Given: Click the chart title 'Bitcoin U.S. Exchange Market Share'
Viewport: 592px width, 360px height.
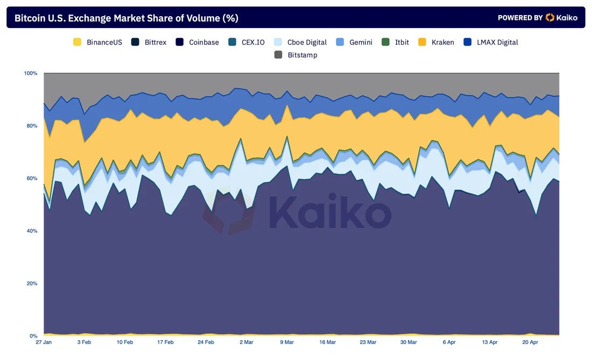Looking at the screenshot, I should tap(126, 18).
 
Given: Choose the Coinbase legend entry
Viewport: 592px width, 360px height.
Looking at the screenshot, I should tap(198, 42).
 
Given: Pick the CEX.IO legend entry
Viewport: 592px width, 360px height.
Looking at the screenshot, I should tap(247, 42).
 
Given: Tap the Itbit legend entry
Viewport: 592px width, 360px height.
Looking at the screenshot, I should tap(396, 42).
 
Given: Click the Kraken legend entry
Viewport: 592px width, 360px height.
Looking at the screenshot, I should tap(436, 42).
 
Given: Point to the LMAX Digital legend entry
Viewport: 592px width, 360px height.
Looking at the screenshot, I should tap(491, 42).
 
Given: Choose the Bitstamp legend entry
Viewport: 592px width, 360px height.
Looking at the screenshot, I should tap(295, 55).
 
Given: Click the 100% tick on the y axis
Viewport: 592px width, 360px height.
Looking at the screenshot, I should tap(31, 73).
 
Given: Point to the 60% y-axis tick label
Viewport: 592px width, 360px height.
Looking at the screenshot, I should tap(32, 179).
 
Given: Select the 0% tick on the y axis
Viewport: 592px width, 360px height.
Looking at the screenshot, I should tap(33, 336).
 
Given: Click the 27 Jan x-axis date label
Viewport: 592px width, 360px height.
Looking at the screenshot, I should tap(44, 342).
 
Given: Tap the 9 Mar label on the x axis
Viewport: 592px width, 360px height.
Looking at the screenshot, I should tap(286, 342).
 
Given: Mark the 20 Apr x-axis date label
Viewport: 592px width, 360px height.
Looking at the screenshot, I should tap(530, 342).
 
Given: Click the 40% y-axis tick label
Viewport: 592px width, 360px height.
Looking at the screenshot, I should tap(32, 231).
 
